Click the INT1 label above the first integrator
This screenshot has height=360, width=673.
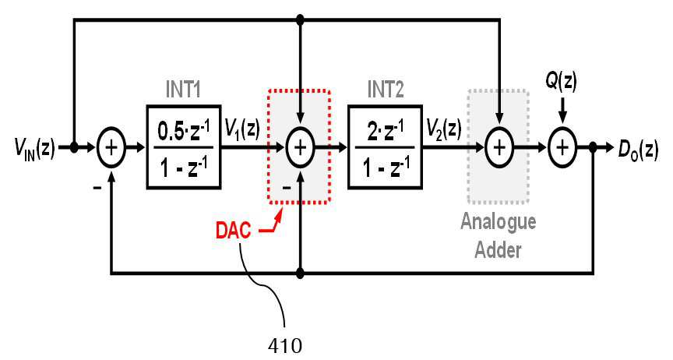[183, 90]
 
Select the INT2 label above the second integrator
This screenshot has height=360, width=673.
[386, 90]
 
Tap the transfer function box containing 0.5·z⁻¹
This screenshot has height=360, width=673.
[184, 147]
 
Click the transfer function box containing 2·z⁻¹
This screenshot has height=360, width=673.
[385, 147]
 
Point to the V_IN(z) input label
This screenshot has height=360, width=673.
[35, 149]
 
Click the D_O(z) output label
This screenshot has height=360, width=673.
[638, 149]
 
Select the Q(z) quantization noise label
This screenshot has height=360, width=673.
[562, 81]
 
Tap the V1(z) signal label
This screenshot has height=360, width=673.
[242, 129]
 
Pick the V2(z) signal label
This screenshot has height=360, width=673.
[444, 129]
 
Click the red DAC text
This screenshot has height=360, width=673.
[233, 231]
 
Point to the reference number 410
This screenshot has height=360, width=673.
[285, 345]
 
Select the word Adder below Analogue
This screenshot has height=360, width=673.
[499, 249]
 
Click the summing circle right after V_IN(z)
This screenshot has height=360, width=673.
[111, 147]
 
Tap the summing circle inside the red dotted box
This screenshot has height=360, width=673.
[301, 147]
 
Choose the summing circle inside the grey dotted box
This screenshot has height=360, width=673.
[499, 147]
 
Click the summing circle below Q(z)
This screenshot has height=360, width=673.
[562, 147]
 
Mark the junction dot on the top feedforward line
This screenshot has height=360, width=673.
[301, 19]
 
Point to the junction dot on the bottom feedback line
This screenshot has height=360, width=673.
[301, 273]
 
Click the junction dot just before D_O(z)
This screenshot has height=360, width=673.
[594, 147]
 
